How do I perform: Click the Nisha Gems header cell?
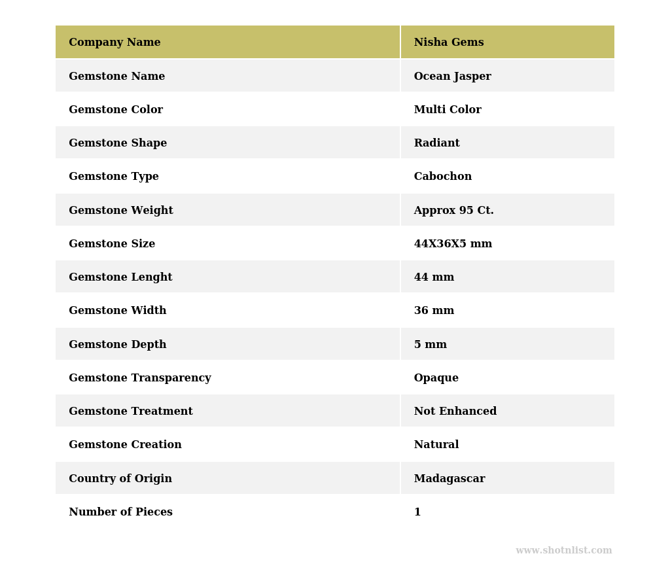pos(449,43)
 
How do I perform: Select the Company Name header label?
pos(115,43)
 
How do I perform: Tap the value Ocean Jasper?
pos(452,77)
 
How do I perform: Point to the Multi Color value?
pos(448,110)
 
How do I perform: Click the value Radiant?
pos(436,143)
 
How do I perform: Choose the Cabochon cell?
pos(442,177)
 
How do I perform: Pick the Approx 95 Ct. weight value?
pos(453,211)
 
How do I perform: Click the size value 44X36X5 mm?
pos(453,244)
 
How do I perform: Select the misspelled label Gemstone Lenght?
pos(120,277)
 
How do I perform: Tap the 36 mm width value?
pos(434,311)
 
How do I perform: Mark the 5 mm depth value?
pos(430,345)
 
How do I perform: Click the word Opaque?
pos(436,378)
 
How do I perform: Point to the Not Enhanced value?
pos(455,411)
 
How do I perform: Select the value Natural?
pos(436,445)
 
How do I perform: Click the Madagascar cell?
pos(450,479)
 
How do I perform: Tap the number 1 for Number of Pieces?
pos(417,512)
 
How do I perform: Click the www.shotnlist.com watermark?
pos(563,551)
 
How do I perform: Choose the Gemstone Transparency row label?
pos(139,378)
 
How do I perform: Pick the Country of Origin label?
pos(120,479)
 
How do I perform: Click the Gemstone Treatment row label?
pos(130,411)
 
